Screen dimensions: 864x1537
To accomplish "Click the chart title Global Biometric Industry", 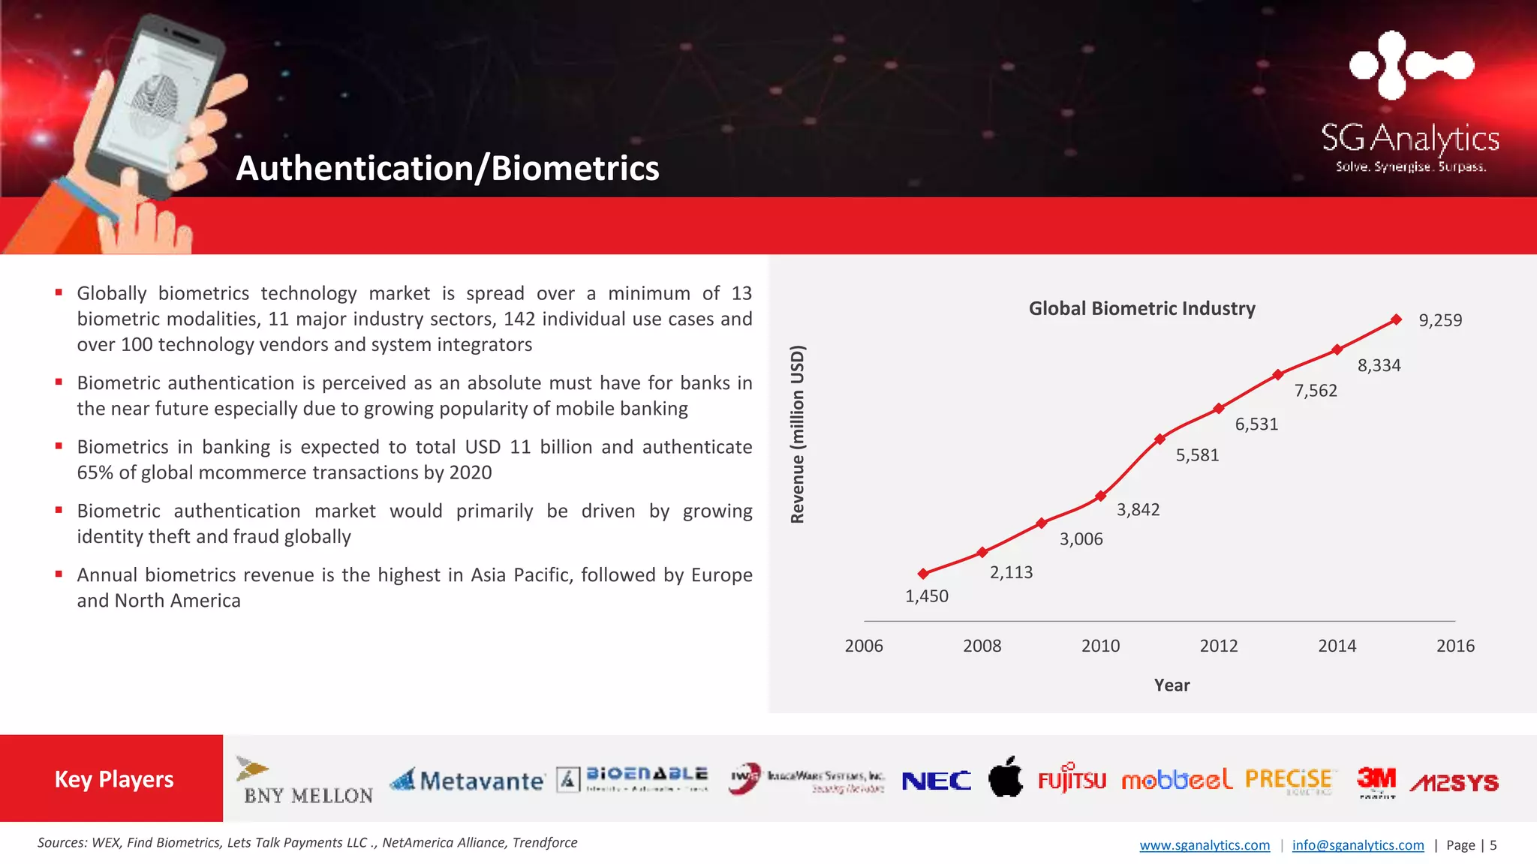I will [x=1141, y=308].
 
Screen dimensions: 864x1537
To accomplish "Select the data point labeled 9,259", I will [x=1396, y=319].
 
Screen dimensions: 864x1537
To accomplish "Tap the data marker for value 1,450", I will [x=923, y=574].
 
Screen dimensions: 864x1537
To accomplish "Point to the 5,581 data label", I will [x=1197, y=455].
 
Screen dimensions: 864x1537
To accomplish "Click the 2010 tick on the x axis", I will [x=1100, y=646].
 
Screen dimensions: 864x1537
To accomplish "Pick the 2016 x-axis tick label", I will [x=1455, y=646].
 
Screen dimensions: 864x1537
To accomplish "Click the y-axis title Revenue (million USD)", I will [x=798, y=434].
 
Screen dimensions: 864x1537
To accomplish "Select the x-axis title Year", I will [x=1172, y=685].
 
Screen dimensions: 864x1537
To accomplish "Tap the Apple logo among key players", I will [x=1006, y=777].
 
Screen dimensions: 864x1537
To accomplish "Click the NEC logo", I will [x=936, y=781].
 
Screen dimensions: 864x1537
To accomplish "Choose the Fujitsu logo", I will [x=1072, y=780].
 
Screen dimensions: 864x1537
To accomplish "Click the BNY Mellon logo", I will [x=307, y=782].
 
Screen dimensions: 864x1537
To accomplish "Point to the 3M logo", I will [x=1376, y=781].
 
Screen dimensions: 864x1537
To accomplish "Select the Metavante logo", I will [x=468, y=781].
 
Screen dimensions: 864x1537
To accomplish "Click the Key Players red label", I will [x=113, y=779].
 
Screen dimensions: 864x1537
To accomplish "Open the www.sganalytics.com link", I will [x=1205, y=845].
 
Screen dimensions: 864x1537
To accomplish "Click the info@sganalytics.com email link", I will [x=1358, y=845].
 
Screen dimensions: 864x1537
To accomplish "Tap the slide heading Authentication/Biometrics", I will [x=447, y=168].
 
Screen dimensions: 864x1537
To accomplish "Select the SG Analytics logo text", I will [x=1410, y=139].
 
